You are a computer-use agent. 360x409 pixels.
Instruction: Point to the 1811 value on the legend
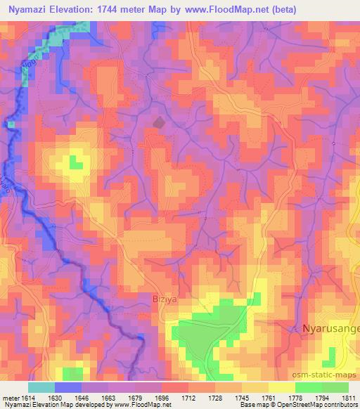[348, 397]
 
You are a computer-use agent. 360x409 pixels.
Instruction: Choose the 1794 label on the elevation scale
[321, 397]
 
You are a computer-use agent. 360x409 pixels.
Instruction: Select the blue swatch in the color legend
[68, 387]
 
